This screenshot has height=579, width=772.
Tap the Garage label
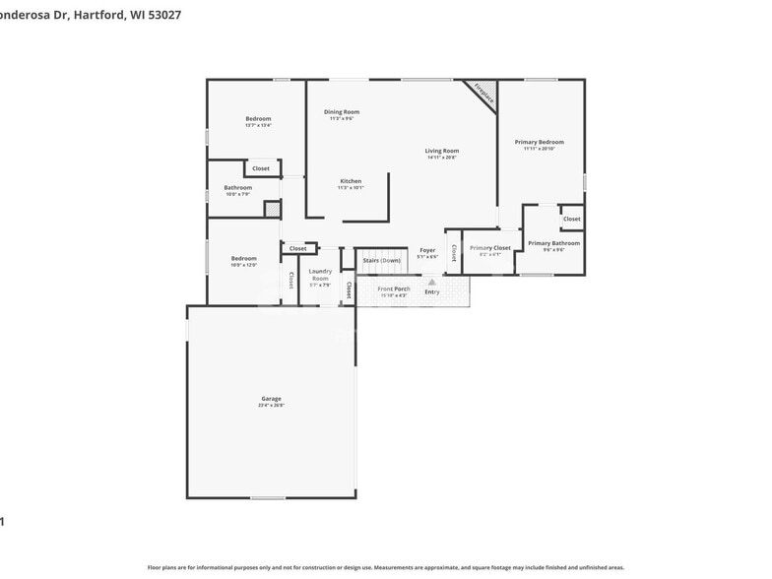[271, 399]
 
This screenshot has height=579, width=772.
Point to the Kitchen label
[351, 181]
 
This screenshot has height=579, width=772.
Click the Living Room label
[442, 151]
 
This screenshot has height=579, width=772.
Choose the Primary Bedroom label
[539, 142]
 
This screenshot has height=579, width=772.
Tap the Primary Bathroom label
[553, 243]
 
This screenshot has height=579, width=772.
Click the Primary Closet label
[489, 248]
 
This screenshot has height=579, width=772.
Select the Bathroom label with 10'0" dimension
[237, 187]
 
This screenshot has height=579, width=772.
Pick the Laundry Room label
[320, 275]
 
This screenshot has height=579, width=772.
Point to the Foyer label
[427, 250]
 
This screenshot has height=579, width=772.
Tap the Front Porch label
[394, 289]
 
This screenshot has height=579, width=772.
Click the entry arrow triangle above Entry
[431, 282]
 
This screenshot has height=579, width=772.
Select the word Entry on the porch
[432, 291]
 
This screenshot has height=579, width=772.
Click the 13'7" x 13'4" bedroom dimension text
[258, 125]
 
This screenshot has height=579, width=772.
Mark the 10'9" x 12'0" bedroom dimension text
[243, 265]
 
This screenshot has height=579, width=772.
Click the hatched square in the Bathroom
[272, 209]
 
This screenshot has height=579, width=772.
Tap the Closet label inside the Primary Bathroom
[571, 219]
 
